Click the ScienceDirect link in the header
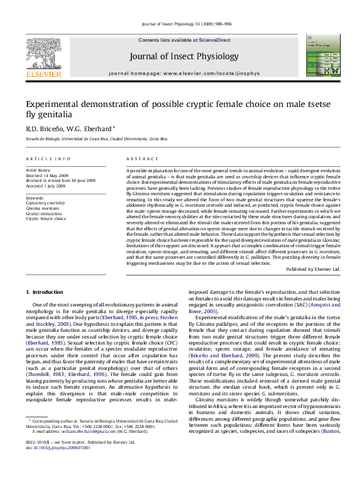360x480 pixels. (215, 40)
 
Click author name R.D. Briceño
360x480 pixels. (42, 128)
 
